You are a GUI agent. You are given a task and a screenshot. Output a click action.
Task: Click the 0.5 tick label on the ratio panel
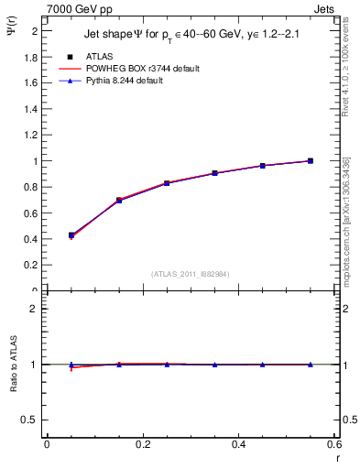click(x=29, y=420)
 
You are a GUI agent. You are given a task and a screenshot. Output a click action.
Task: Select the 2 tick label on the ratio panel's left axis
click(x=32, y=310)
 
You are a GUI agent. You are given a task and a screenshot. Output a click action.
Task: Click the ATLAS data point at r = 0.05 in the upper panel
click(x=71, y=235)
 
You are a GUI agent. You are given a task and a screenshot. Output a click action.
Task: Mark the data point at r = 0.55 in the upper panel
click(x=311, y=160)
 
